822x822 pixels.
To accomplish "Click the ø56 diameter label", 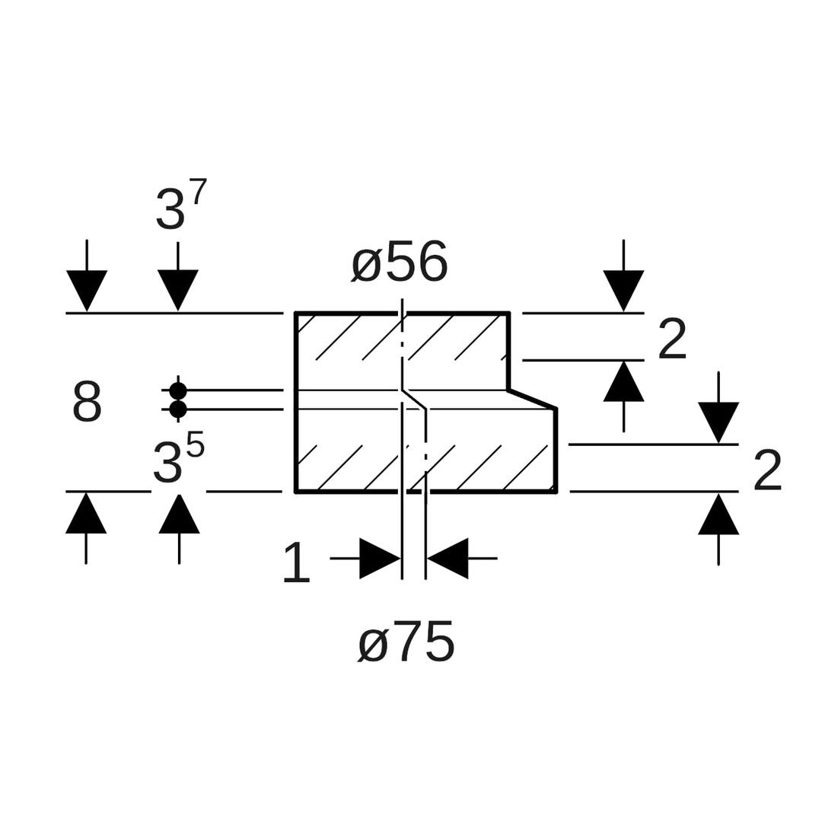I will [x=400, y=263].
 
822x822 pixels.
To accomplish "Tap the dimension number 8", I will [x=87, y=402].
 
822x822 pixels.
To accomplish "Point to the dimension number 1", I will [x=296, y=562].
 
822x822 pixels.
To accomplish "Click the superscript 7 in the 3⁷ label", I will [x=199, y=192].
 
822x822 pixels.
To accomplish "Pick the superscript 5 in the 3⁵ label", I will [x=195, y=444].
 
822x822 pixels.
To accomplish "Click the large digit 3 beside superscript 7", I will [x=169, y=210].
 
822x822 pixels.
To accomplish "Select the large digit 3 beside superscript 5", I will [x=167, y=463].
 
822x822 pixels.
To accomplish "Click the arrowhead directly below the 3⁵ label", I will [x=179, y=515].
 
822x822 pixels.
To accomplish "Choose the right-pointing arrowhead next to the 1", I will [x=379, y=559].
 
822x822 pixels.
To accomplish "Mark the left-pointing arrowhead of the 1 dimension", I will [x=448, y=559].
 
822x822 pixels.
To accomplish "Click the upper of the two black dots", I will [x=178, y=390].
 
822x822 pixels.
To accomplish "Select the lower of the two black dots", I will [x=178, y=409].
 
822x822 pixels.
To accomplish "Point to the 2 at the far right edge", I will [x=767, y=470].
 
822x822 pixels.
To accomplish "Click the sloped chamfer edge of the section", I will [x=533, y=399].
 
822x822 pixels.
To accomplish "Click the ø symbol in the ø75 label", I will [x=373, y=645].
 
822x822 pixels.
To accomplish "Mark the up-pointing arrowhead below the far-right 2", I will [x=718, y=515].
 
